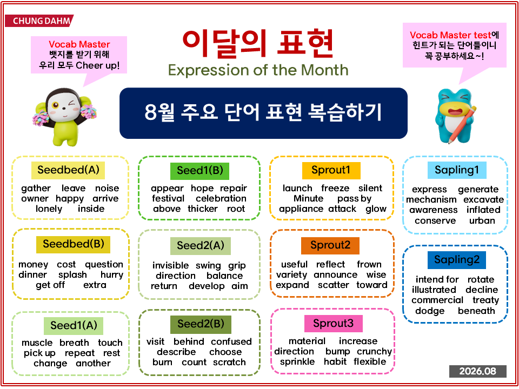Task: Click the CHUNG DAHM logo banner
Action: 39,21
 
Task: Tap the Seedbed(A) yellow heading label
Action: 68,170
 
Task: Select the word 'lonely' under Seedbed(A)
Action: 49,209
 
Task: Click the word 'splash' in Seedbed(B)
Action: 72,275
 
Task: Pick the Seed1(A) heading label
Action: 74,326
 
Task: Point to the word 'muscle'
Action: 37,343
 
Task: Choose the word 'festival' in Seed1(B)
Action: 168,198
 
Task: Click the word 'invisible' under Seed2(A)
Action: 170,265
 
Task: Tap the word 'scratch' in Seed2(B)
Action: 229,362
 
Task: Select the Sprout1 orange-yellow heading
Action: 331,170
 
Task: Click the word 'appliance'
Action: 301,209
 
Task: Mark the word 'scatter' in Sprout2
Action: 334,285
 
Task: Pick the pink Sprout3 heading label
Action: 334,324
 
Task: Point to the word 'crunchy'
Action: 374,352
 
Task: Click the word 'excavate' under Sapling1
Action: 483,200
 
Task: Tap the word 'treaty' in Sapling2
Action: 485,300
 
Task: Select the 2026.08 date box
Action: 477,371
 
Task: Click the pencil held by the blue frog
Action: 462,125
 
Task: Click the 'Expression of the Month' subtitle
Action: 258,70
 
